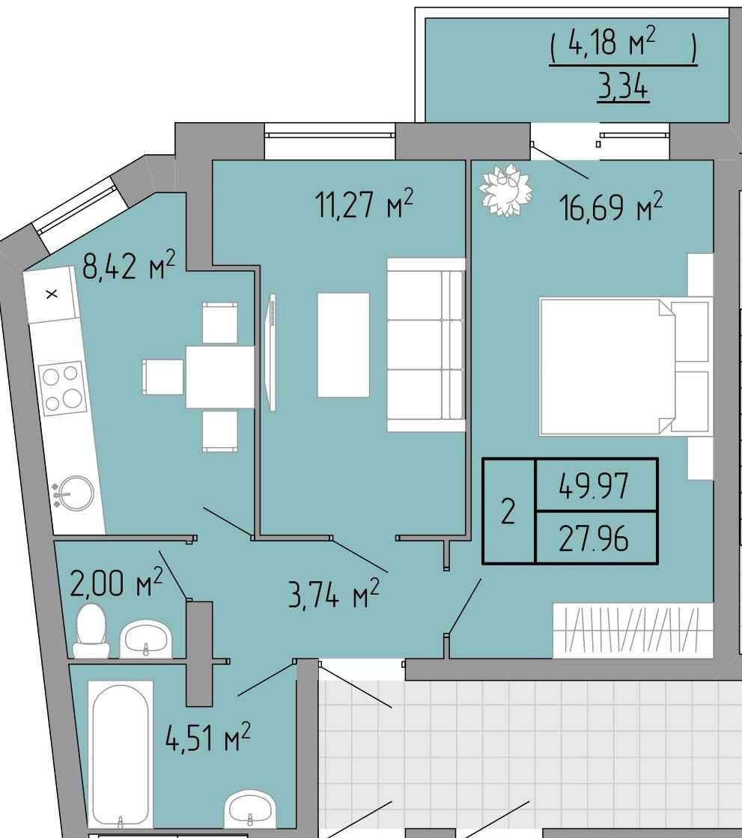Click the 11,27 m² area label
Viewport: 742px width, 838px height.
point(365,204)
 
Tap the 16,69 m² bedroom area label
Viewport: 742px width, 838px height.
point(610,207)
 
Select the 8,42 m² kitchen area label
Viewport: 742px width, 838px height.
point(129,265)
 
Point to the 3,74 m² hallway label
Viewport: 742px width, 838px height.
point(334,594)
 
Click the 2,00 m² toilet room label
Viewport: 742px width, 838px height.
point(117,583)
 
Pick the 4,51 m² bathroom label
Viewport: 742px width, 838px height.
point(208,737)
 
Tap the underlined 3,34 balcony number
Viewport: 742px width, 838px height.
point(623,87)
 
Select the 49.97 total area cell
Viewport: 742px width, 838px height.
point(596,485)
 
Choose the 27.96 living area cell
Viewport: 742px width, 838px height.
point(596,538)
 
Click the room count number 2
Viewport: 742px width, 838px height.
point(508,511)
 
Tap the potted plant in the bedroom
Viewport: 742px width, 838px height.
point(506,190)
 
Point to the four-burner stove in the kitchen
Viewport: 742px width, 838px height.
point(62,389)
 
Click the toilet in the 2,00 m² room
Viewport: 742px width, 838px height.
point(91,631)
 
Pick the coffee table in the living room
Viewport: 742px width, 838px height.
point(343,344)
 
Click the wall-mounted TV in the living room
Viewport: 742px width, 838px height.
point(272,352)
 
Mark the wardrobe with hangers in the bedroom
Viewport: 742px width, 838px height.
point(633,631)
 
